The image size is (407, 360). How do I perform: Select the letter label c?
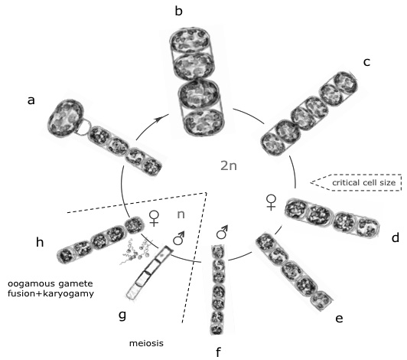[366, 62]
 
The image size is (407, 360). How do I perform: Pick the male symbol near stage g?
[179, 238]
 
